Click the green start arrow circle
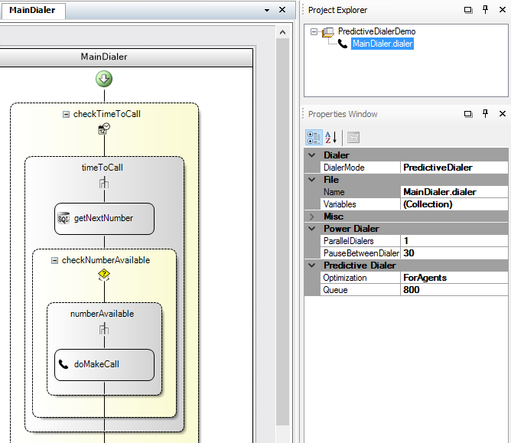tap(104, 79)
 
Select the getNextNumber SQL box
tap(104, 218)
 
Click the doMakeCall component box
tap(104, 364)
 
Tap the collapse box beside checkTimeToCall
tap(66, 114)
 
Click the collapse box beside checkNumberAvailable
tap(55, 260)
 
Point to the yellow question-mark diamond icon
tap(104, 275)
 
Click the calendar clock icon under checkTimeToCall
tap(104, 129)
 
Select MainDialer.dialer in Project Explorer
tap(382, 44)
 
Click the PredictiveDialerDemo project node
tap(376, 31)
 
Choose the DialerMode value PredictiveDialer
tap(438, 168)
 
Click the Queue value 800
tap(412, 290)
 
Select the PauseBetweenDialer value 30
tap(408, 253)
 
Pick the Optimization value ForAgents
tap(425, 278)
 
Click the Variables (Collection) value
tap(428, 204)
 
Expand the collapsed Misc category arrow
tap(312, 217)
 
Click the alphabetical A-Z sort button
tap(330, 137)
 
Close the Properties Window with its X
tap(503, 113)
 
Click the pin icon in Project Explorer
tap(485, 10)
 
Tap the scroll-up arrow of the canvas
tap(282, 32)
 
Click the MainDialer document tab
tap(32, 11)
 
